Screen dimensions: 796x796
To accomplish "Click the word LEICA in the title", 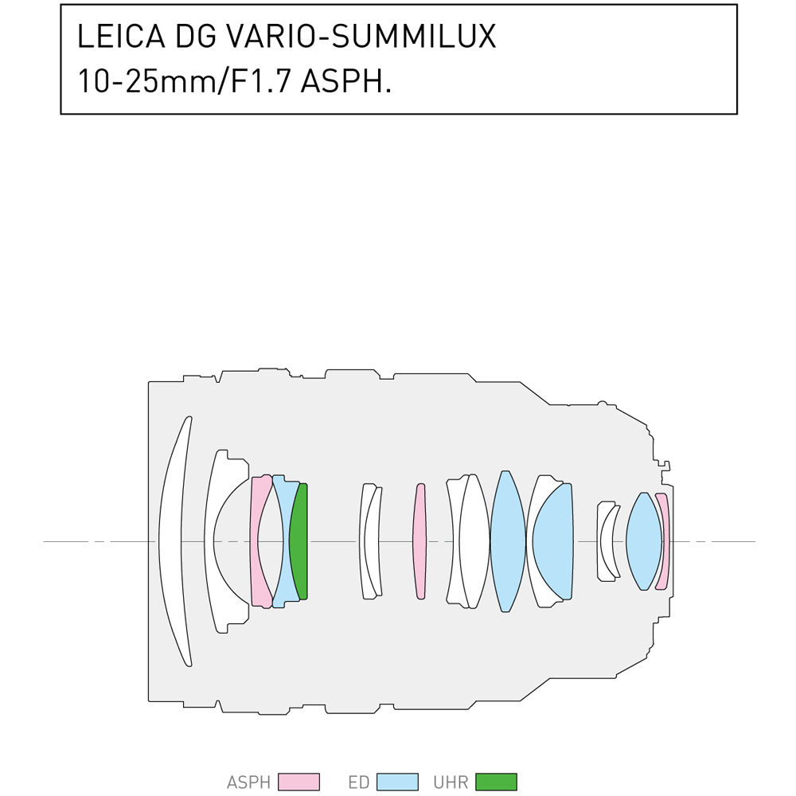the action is (121, 36).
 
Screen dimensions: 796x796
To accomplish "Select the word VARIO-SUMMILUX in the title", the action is (361, 36).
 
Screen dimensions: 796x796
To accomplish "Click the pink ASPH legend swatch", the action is (299, 782).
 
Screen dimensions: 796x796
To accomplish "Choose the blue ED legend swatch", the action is (398, 782).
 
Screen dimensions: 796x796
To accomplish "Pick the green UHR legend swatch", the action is (497, 782).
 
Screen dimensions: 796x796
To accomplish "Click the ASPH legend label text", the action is (248, 782).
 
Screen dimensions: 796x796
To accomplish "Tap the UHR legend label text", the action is (451, 782).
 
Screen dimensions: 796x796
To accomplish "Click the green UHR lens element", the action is (299, 541).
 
